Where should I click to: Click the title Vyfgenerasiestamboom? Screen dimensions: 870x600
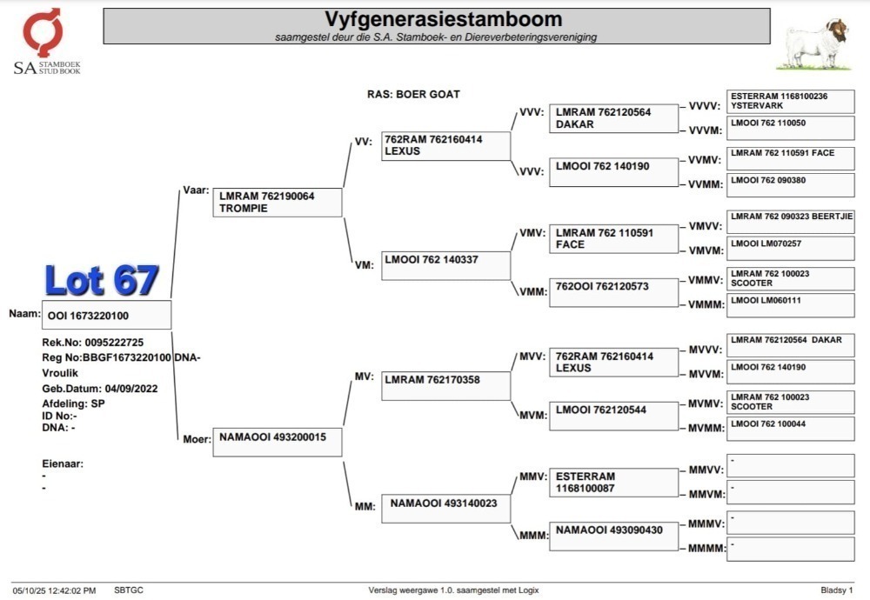coord(444,19)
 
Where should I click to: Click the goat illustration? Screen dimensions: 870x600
coord(814,44)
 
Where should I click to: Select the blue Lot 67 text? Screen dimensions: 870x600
coord(102,280)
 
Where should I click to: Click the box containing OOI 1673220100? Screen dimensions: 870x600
coord(106,315)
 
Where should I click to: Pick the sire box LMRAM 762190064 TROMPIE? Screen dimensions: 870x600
coord(278,203)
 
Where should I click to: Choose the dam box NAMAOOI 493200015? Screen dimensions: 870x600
coord(278,442)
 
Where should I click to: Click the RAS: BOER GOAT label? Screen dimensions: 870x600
coord(413,94)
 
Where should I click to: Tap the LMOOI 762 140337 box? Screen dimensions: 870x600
coord(445,265)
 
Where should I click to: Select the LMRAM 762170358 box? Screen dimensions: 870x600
coord(445,386)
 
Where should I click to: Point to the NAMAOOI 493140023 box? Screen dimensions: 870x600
coord(445,509)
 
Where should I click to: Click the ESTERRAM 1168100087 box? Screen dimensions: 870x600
coord(613,483)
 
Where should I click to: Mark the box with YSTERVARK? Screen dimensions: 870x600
coord(791,102)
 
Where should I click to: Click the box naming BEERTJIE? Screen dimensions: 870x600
coord(791,222)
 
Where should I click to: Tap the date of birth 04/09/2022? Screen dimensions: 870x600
coord(131,389)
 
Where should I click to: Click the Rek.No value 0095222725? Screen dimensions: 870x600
coord(114,343)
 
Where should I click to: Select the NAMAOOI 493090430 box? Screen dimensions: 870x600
coord(613,537)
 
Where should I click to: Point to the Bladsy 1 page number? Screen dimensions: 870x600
coord(837,590)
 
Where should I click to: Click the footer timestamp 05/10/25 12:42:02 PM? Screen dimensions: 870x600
coord(54,590)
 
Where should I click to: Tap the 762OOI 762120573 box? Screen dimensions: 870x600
coord(613,292)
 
